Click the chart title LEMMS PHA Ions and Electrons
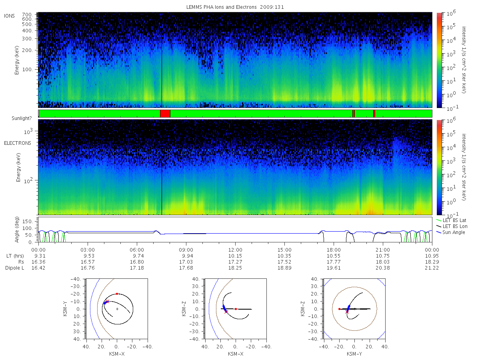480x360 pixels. tap(221, 7)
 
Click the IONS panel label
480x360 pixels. tap(10, 16)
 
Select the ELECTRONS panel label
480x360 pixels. tap(18, 143)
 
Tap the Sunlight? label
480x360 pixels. tap(22, 118)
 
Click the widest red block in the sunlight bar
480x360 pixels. tap(165, 114)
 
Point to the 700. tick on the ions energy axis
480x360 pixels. tap(27, 14)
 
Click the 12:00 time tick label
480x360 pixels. tap(235, 250)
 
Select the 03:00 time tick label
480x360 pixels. tap(88, 250)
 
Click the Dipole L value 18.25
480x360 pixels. tap(235, 268)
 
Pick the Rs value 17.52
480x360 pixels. tap(284, 262)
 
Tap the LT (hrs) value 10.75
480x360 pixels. tap(383, 256)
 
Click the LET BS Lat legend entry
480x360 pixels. tap(451, 220)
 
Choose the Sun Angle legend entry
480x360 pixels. tap(451, 232)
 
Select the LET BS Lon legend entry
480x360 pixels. tap(452, 226)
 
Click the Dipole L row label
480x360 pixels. tap(15, 268)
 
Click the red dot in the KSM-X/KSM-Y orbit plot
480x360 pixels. tap(117, 294)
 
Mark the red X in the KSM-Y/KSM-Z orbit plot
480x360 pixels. tap(347, 312)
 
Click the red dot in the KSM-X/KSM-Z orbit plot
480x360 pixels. tap(236, 309)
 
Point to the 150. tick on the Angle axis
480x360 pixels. tap(28, 222)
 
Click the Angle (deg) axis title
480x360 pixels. tap(17, 230)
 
